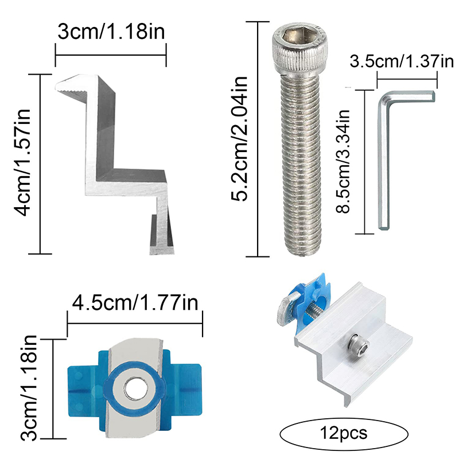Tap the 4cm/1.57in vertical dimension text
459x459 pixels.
[22, 162]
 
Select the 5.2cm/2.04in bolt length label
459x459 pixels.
[239, 139]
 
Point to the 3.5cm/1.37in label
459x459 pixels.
[402, 61]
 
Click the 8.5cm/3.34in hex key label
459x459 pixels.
[343, 162]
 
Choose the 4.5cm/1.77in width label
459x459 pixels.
[135, 302]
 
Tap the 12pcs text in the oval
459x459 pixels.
[343, 433]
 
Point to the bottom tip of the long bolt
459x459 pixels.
[301, 254]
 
